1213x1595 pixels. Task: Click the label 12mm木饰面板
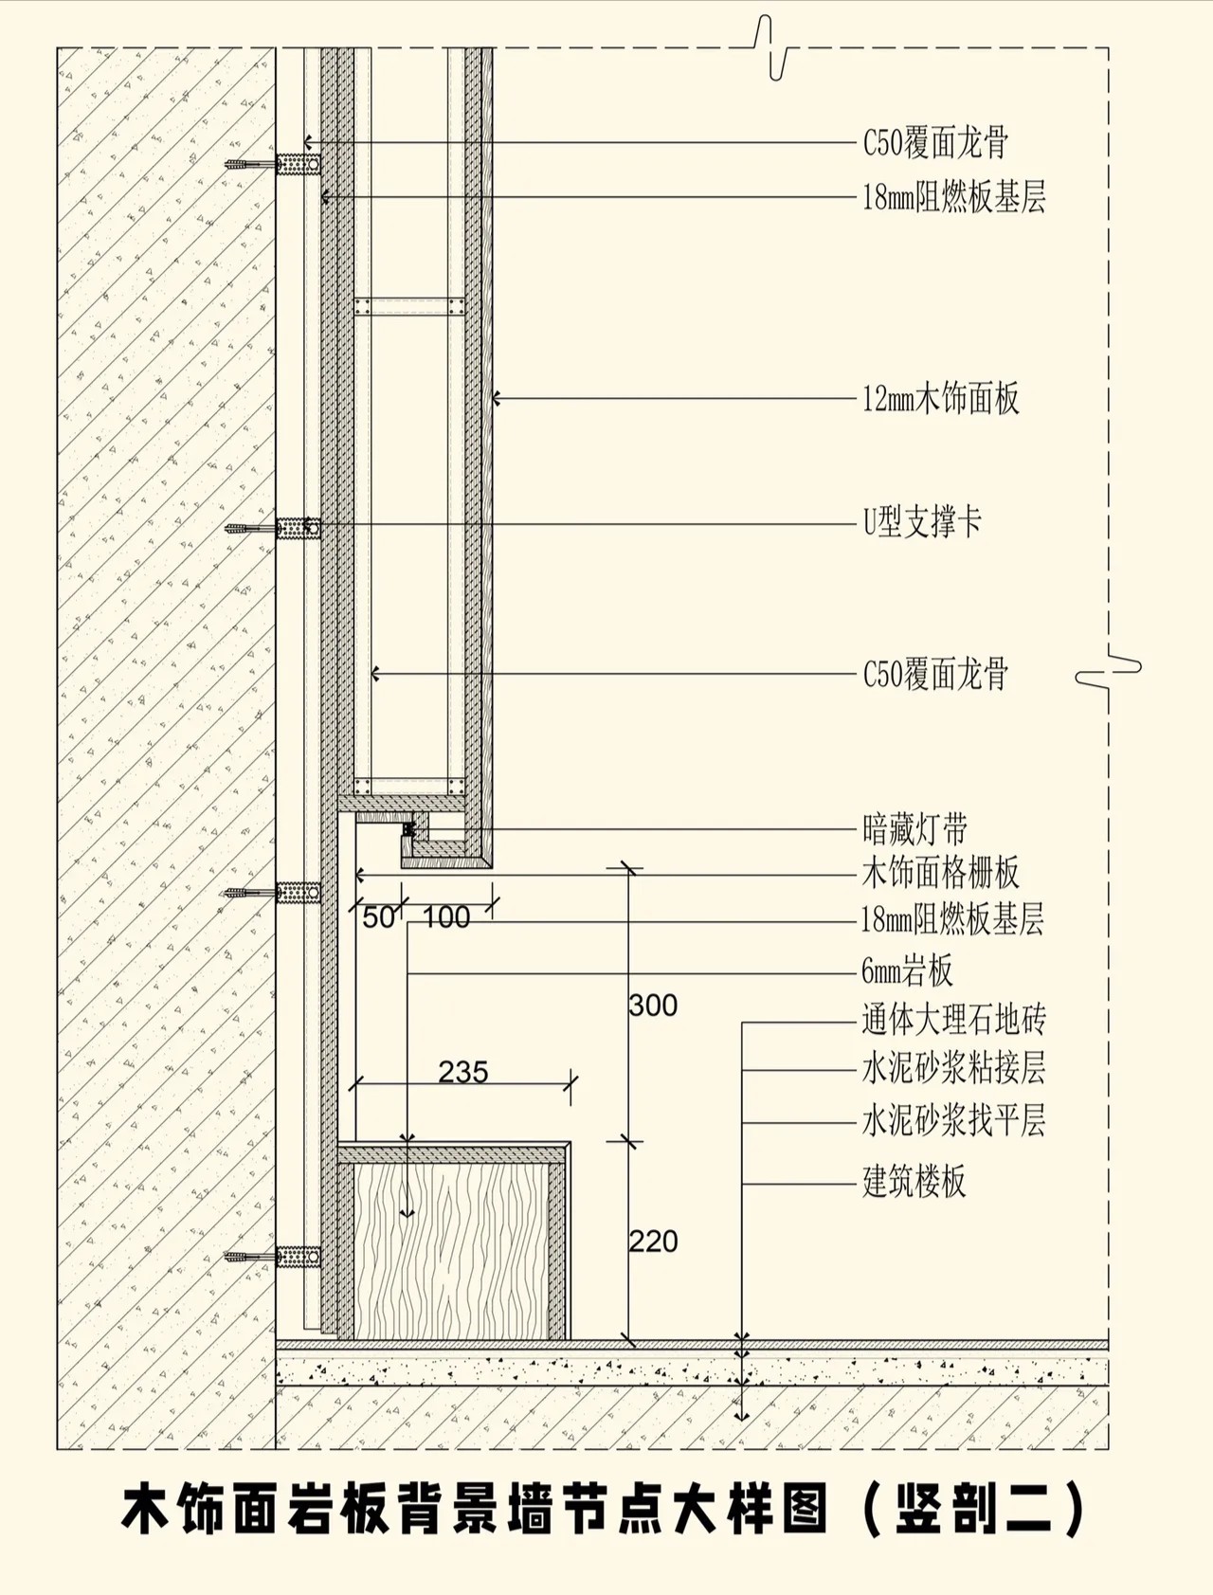click(x=941, y=399)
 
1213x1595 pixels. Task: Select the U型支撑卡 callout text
click(x=922, y=522)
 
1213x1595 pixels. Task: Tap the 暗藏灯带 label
click(x=914, y=829)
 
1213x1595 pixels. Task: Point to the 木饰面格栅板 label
click(x=941, y=873)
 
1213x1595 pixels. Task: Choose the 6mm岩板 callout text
click(x=907, y=971)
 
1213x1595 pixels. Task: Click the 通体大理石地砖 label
click(x=953, y=1020)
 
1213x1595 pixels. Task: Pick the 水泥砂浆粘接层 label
click(x=953, y=1069)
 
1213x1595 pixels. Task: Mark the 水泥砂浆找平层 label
click(x=953, y=1121)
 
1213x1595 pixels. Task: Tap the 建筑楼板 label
click(x=914, y=1182)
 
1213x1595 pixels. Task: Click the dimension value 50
click(x=378, y=917)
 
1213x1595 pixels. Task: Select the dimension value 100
click(x=446, y=917)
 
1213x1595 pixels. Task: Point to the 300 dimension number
click(x=653, y=1006)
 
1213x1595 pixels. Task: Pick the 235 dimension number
click(x=463, y=1072)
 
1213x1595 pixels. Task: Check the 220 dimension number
click(x=653, y=1242)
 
